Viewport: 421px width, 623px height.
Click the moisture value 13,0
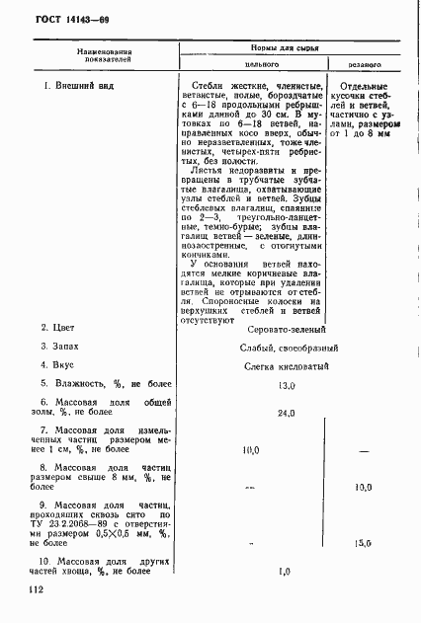pos(288,386)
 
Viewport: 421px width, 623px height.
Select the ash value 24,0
pos(288,413)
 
